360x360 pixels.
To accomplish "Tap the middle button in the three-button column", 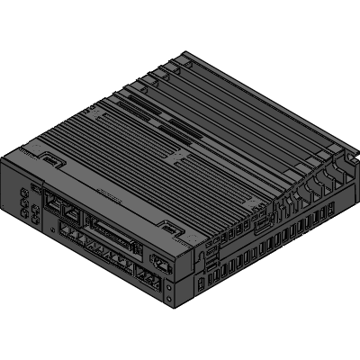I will click(22, 204).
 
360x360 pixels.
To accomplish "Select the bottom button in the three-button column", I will click(22, 216).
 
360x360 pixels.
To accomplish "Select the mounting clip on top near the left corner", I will click(52, 161).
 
